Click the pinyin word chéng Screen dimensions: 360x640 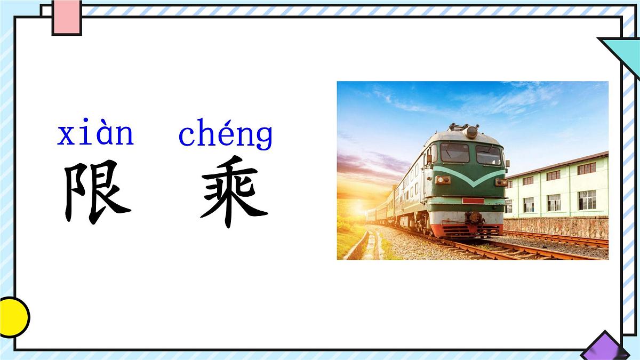pos(225,135)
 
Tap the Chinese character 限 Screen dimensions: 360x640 pos(97,192)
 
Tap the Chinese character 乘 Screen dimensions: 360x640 pos(234,192)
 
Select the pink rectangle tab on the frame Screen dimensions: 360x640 pos(67,17)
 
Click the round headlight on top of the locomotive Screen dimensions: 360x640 pos(471,132)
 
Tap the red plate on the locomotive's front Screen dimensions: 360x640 pos(473,201)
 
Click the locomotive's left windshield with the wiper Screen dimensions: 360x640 pos(454,153)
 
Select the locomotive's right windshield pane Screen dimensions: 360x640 pos(489,155)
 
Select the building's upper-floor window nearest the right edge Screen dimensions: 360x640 pos(586,169)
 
